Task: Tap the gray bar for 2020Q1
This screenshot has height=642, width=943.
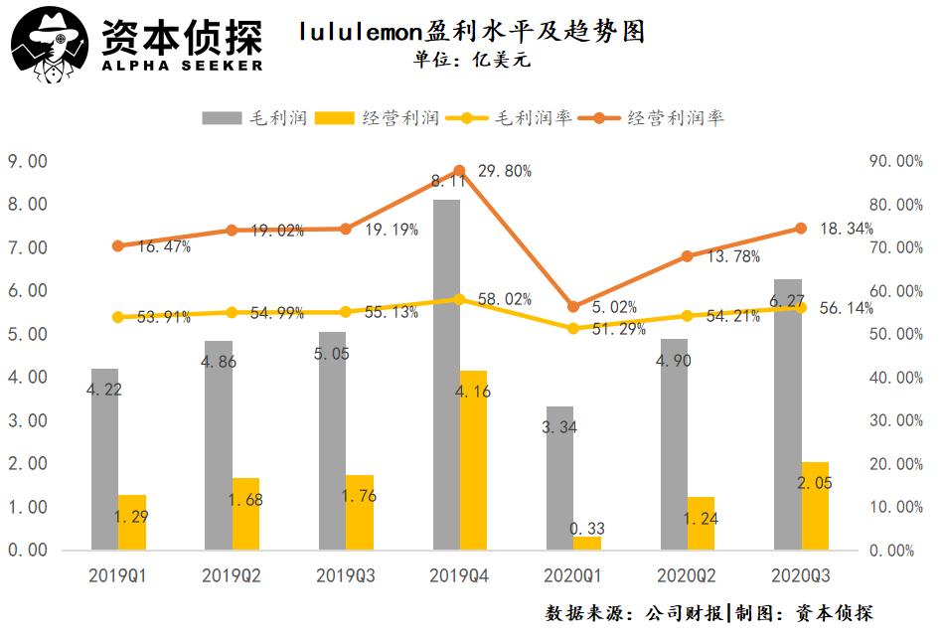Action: click(559, 477)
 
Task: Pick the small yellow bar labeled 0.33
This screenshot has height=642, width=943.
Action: click(587, 543)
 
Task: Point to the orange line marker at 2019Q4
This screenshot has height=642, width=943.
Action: click(459, 171)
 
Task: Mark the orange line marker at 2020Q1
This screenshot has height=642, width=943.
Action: click(572, 307)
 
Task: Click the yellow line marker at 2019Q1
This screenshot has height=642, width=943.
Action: click(118, 317)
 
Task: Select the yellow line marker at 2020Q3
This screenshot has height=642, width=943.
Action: click(801, 307)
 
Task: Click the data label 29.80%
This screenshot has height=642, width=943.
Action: click(504, 171)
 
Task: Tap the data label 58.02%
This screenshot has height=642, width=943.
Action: click(504, 299)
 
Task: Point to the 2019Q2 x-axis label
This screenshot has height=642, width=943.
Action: click(232, 575)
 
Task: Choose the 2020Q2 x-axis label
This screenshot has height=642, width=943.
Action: click(688, 575)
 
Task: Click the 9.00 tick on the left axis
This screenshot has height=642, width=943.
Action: click(27, 161)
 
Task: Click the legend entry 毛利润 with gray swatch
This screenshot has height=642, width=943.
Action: click(253, 118)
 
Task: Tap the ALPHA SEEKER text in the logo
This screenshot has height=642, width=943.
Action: click(181, 66)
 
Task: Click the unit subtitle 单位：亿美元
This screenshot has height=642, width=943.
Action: click(471, 60)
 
